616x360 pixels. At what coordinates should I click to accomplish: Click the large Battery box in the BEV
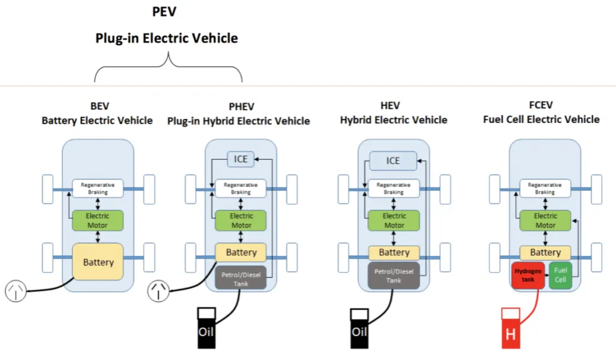[x=98, y=262]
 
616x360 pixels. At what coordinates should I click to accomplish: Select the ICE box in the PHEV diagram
[x=241, y=159]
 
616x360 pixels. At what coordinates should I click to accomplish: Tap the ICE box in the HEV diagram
[x=393, y=161]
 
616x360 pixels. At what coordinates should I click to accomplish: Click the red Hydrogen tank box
[x=527, y=275]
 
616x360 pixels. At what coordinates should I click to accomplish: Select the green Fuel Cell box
[x=560, y=275]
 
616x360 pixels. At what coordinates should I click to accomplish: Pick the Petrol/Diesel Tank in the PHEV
[x=241, y=276]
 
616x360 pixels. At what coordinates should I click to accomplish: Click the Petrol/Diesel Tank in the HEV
[x=394, y=276]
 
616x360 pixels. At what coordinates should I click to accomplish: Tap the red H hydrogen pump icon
[x=511, y=329]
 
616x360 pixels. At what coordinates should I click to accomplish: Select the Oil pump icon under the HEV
[x=359, y=328]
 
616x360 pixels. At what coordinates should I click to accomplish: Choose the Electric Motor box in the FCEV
[x=546, y=220]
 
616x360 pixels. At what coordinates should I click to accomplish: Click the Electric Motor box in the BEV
[x=98, y=220]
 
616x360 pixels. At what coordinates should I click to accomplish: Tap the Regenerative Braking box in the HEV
[x=394, y=188]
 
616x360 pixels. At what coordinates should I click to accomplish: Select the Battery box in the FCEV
[x=545, y=252]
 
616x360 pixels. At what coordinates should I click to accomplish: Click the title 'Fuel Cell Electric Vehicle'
[x=541, y=119]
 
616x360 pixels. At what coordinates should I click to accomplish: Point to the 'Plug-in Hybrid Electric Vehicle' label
[x=238, y=121]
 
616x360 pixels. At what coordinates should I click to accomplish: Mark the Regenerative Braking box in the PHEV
[x=241, y=188]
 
